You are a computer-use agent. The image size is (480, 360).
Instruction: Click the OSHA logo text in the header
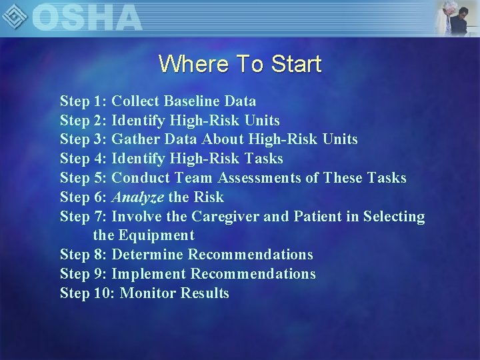pos(87,17)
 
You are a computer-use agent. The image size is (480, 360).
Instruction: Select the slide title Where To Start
pos(240,64)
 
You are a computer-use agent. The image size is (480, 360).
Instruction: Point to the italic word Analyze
pos(137,197)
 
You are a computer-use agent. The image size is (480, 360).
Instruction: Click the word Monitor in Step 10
pos(148,293)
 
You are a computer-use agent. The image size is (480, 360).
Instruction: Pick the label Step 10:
pos(87,293)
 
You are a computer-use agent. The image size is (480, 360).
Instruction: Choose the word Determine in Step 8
pos(147,255)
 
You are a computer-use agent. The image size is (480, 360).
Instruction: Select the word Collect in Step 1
pos(135,101)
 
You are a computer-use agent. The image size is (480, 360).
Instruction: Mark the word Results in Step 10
pos(205,293)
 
